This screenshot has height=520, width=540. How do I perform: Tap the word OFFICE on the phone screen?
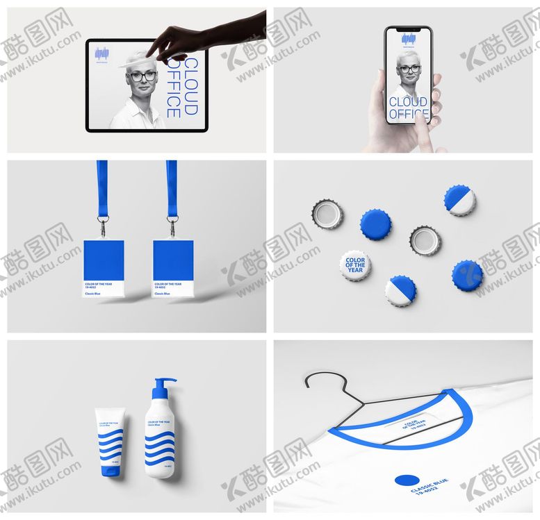coord(408,114)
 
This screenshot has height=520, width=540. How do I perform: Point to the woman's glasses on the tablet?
coord(142,76)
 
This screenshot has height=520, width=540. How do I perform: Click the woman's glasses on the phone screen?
coord(409,69)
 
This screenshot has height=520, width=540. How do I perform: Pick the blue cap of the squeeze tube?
coord(109,471)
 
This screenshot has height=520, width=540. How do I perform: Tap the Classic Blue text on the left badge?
coord(94,294)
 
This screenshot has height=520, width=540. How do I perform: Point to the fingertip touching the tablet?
coord(149,54)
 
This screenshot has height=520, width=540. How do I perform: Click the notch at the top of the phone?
coord(408,30)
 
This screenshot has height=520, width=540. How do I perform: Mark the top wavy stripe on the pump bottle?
coord(159,437)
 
